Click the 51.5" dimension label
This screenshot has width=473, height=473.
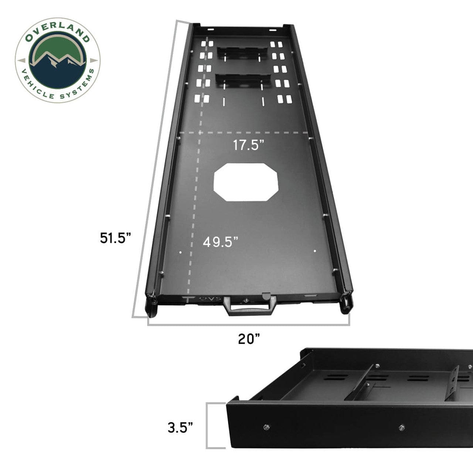click(115, 238)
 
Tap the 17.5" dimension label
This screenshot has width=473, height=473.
click(249, 145)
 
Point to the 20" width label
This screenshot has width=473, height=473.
click(249, 338)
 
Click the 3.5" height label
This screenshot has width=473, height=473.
click(180, 428)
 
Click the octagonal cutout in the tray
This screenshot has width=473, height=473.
click(246, 182)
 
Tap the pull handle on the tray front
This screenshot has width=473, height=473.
click(248, 307)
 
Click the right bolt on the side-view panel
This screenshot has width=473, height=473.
click(401, 428)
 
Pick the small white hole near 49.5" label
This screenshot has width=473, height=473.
click(180, 253)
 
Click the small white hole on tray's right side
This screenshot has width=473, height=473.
click(315, 251)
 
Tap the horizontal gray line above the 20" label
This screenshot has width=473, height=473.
click(248, 325)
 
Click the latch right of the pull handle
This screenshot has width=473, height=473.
click(265, 296)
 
